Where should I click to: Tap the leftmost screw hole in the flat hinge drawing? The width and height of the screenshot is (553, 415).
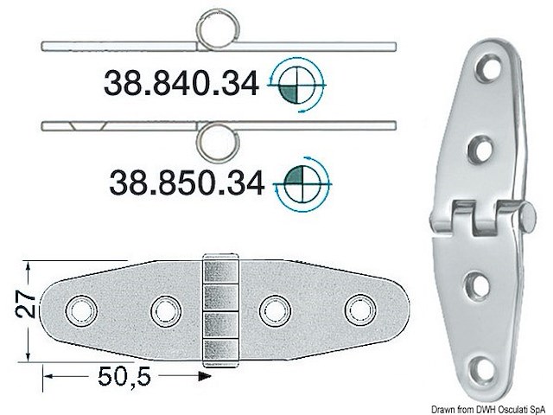tap(83, 308)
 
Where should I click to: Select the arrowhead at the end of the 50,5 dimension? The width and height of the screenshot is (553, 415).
tap(206, 376)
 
